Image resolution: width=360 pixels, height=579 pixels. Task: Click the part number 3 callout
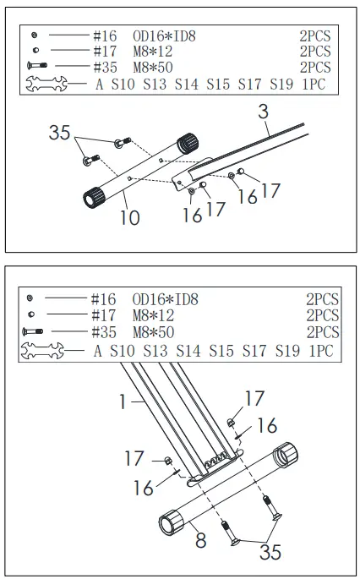pos(263,112)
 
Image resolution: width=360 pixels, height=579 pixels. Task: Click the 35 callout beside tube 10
pos(59,133)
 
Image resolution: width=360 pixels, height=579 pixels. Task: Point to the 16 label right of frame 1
pos(267,424)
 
